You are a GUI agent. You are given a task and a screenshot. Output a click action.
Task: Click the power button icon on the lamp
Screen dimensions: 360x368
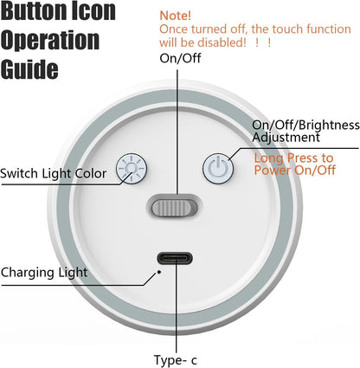[x=218, y=168]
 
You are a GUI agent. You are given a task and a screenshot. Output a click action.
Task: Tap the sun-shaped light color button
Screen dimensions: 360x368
[x=132, y=168]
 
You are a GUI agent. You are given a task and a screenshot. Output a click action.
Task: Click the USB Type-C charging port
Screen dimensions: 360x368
[x=175, y=258]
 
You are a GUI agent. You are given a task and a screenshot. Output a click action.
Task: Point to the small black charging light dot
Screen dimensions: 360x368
[x=158, y=272]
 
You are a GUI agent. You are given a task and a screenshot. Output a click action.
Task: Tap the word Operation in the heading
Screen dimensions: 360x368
[x=50, y=41]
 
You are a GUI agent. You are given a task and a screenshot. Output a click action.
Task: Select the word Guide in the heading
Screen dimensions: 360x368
[x=29, y=69]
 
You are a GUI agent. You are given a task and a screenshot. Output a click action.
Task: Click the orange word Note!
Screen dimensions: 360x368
[x=175, y=16]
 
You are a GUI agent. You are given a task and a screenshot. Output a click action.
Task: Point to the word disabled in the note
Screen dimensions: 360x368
[x=222, y=42]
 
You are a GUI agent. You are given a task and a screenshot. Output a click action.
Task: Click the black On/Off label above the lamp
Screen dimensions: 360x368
[x=180, y=58]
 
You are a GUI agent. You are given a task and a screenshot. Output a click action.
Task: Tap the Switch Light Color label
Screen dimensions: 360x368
[x=54, y=174]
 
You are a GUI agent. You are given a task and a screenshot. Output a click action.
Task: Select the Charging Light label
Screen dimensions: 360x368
[x=44, y=273]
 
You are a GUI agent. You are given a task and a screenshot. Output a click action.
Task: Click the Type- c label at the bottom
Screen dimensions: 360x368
[x=176, y=360]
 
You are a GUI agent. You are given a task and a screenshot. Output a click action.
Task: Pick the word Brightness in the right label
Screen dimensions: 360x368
[x=329, y=126]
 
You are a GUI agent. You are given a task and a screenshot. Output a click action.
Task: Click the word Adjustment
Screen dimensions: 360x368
[x=286, y=138]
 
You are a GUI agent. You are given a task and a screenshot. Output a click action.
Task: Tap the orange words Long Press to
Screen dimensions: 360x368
[x=293, y=158]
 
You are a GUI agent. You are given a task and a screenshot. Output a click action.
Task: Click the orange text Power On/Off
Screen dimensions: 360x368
[x=295, y=170]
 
